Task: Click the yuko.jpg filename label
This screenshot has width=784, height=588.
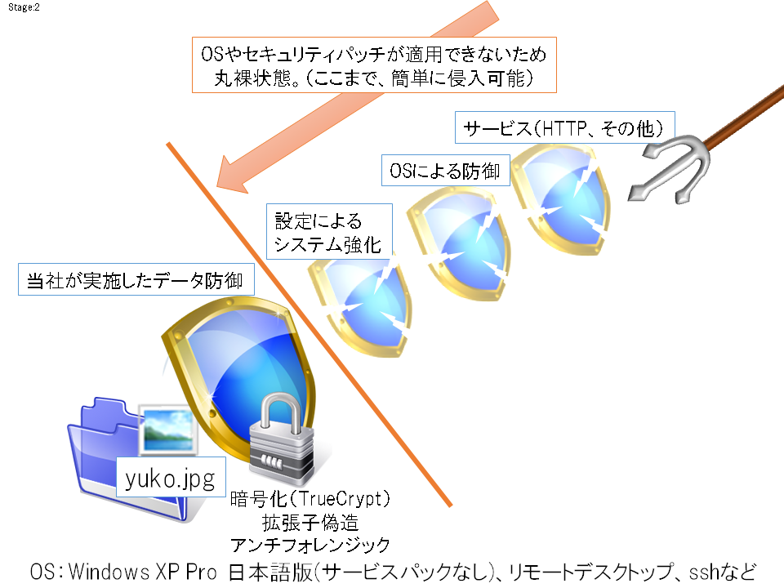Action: (170, 479)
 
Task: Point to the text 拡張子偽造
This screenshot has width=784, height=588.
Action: (310, 522)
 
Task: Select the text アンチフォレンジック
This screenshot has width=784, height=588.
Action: (310, 545)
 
